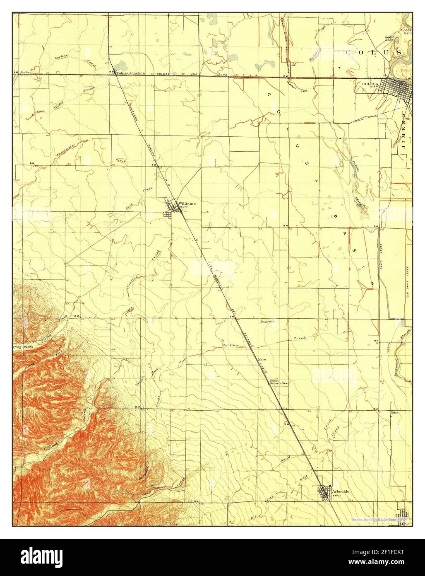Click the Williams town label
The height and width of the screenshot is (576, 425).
pyautogui.click(x=187, y=203)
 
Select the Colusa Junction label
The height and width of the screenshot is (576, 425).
pyautogui.click(x=131, y=73)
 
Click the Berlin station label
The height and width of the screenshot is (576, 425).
pyautogui.click(x=274, y=380)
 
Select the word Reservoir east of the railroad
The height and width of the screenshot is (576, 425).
pyautogui.click(x=267, y=322)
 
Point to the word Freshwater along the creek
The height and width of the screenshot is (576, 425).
pyautogui.click(x=66, y=149)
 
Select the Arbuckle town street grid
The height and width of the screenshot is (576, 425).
pyautogui.click(x=325, y=493)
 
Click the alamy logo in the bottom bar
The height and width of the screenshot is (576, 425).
pyautogui.click(x=43, y=556)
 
